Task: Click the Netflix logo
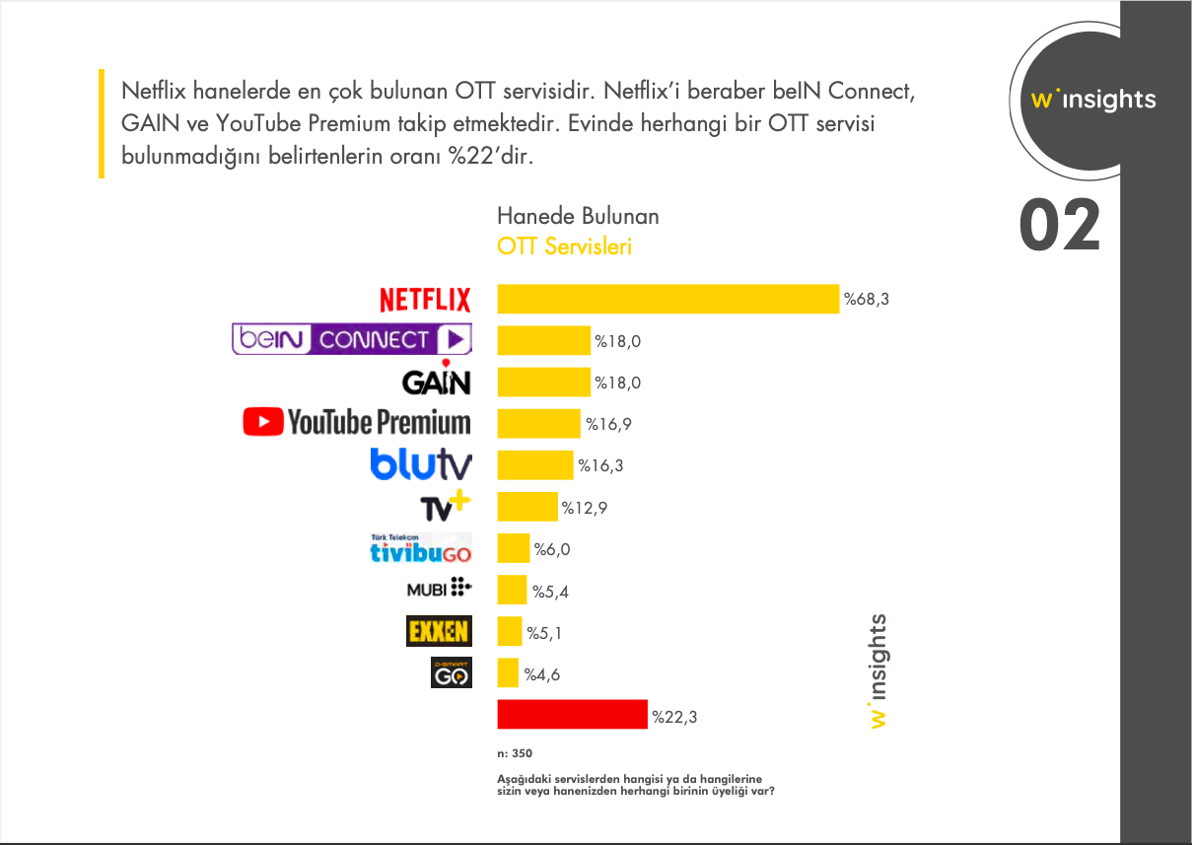click(x=425, y=299)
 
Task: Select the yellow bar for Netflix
click(x=667, y=299)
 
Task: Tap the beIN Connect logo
click(x=351, y=339)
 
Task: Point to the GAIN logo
click(x=436, y=380)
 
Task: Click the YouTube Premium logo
click(x=357, y=423)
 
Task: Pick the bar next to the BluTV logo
click(x=534, y=465)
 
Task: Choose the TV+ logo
click(x=446, y=506)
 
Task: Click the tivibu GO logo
click(x=420, y=549)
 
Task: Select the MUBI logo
click(x=439, y=590)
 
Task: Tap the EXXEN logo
click(x=439, y=631)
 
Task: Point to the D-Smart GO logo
click(x=452, y=673)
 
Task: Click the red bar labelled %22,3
click(x=572, y=716)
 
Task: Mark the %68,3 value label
click(x=867, y=299)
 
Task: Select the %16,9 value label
click(x=608, y=424)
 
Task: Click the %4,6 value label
click(x=542, y=675)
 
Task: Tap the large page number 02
click(x=1059, y=225)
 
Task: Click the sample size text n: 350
click(x=515, y=753)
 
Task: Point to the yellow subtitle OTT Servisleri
click(x=564, y=246)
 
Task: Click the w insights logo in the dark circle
click(x=1092, y=100)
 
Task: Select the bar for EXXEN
click(x=510, y=632)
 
